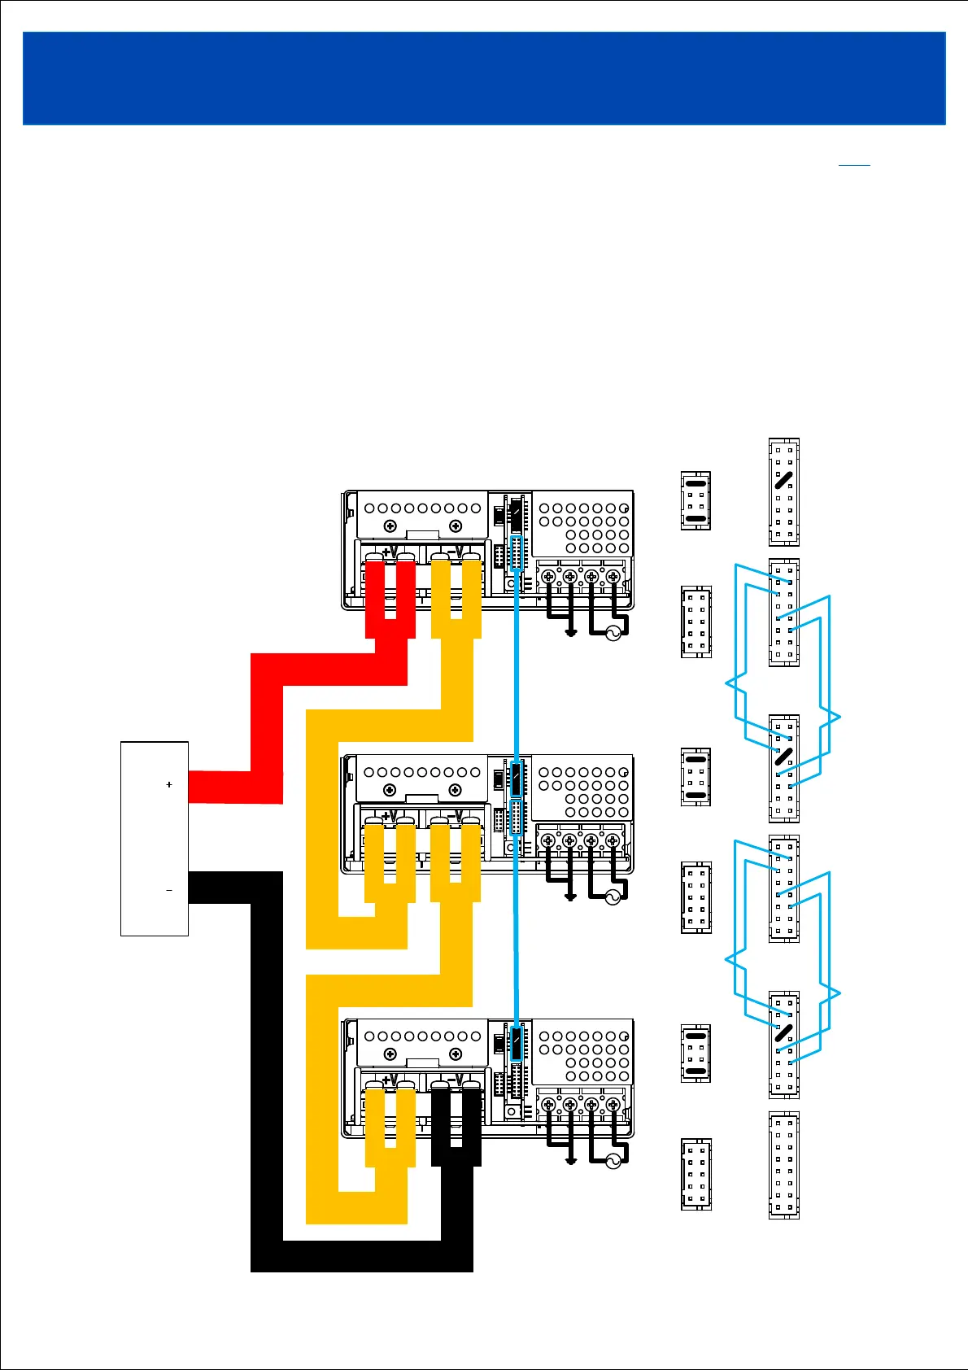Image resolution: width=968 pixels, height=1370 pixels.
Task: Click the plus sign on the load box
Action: click(169, 785)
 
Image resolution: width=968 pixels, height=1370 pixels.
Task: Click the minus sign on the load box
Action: click(169, 891)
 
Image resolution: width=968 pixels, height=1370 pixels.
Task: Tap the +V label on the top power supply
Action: click(390, 552)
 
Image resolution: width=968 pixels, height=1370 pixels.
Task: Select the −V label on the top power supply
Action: click(456, 552)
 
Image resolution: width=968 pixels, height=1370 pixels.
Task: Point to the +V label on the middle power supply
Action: click(390, 816)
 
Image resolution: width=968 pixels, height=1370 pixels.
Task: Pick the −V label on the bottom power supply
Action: click(456, 1080)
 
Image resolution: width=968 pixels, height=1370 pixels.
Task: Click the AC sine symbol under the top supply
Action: click(613, 634)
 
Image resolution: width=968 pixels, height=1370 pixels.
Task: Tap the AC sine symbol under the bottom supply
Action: click(613, 1161)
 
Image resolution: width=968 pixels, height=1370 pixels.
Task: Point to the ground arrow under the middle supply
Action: click(571, 897)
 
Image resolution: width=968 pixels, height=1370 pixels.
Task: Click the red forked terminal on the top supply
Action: click(390, 598)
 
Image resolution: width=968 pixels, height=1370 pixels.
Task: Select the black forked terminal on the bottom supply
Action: click(456, 1127)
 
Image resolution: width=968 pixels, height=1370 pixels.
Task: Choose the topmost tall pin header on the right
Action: click(784, 492)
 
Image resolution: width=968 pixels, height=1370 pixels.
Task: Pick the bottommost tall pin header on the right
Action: click(784, 1165)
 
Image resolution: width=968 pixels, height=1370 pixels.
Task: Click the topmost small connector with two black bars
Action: click(695, 500)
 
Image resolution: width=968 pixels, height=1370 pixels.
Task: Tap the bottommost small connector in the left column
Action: click(695, 1174)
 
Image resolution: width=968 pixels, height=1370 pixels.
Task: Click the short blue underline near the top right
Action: click(854, 166)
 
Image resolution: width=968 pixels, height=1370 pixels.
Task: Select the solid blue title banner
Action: click(484, 78)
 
